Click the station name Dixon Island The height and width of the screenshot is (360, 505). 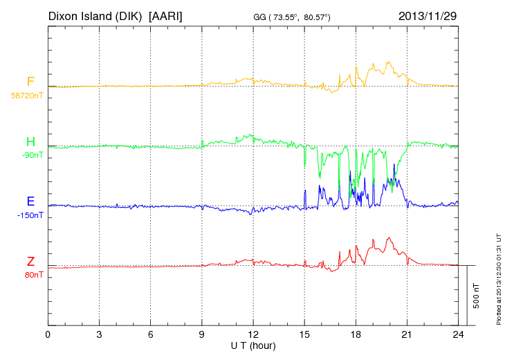click(x=81, y=15)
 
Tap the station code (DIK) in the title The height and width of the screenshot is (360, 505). click(x=130, y=15)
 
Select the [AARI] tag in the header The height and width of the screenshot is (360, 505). click(x=166, y=15)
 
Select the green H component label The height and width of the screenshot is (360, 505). click(x=30, y=143)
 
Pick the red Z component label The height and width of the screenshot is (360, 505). click(x=30, y=262)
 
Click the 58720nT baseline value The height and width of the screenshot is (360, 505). click(x=27, y=96)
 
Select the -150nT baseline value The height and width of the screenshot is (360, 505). click(x=30, y=215)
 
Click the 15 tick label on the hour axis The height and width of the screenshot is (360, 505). click(x=304, y=335)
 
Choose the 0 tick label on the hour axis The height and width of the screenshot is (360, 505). click(x=48, y=335)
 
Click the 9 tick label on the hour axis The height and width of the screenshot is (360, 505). click(x=202, y=335)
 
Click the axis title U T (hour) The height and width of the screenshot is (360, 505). click(x=253, y=345)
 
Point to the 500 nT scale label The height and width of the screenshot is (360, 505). click(x=477, y=295)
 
